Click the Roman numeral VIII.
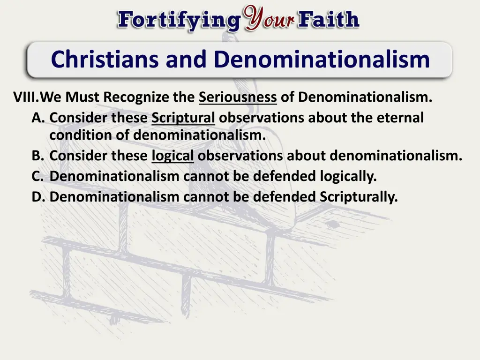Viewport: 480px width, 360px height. tap(26, 97)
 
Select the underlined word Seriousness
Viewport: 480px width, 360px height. tap(238, 97)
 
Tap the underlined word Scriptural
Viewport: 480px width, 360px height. tap(183, 118)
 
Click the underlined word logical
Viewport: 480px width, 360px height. tap(172, 156)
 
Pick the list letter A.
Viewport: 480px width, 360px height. tap(37, 118)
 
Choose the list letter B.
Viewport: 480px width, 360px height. tap(37, 156)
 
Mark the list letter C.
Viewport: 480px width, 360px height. tap(37, 176)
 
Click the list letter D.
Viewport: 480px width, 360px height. tap(37, 197)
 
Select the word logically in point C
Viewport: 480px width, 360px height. tap(348, 176)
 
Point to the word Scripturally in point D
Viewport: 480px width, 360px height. tap(359, 197)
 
